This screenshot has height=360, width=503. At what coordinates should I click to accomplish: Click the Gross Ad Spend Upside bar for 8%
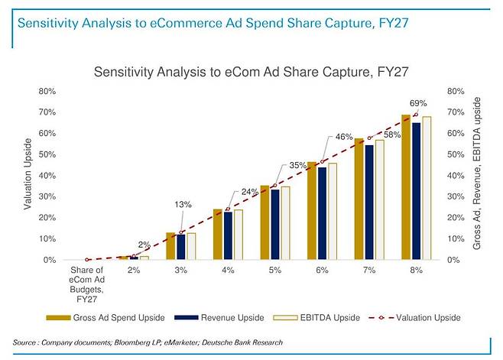point(406,187)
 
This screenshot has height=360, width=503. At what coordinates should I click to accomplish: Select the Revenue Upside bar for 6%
point(322,213)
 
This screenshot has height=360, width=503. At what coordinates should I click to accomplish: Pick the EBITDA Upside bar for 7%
point(380,199)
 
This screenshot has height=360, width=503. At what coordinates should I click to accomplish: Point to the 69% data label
point(418,103)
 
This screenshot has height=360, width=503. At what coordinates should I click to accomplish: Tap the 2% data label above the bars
point(144,245)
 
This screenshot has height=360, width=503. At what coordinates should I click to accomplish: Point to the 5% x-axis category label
point(274,271)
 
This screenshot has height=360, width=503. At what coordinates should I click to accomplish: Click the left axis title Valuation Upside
point(28,175)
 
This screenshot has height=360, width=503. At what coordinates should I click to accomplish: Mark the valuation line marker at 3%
point(181,232)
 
